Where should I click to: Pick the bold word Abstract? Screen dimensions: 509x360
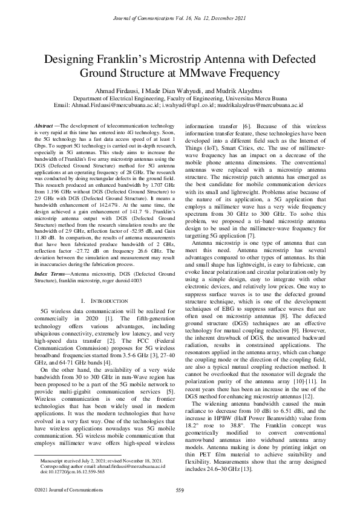coord(44,125)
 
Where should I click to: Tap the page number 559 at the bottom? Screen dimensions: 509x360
coord(180,490)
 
